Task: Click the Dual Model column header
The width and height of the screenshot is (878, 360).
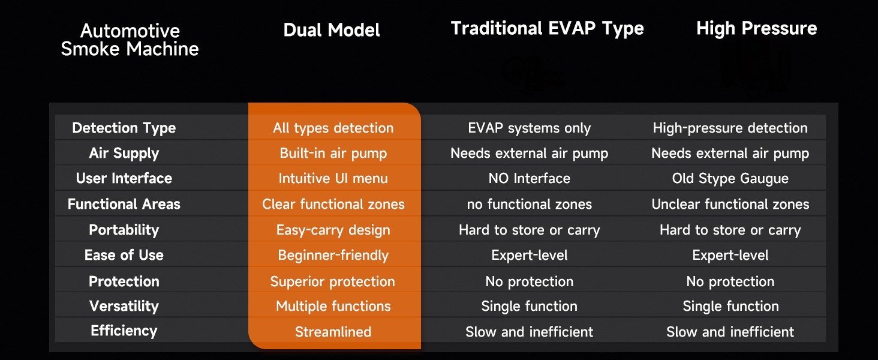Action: coord(332,30)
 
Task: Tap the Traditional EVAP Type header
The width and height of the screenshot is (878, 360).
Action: coord(547,29)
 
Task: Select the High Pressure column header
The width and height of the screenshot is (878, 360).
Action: coord(756,28)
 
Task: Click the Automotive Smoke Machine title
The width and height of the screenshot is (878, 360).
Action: coord(130,40)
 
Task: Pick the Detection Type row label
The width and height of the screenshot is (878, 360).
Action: coord(124,128)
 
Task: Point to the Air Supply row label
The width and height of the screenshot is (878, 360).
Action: coord(124,154)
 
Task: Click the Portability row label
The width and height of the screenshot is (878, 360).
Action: coord(124,230)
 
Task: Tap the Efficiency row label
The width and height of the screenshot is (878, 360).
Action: coord(124,331)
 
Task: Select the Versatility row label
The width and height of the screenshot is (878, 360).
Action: coord(124,306)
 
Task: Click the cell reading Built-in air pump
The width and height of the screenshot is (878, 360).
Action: coord(333,154)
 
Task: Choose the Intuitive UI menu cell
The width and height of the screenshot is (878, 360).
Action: coord(333,178)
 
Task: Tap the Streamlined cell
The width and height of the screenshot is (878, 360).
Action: coord(333,332)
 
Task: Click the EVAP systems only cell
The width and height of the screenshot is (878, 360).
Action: coord(529,128)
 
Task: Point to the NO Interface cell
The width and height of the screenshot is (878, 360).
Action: coord(529,178)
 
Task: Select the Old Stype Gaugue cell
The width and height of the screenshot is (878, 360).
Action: coord(730,179)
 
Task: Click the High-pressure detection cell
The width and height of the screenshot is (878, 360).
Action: coord(730,128)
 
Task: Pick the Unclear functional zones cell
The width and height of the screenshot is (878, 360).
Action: coord(730,204)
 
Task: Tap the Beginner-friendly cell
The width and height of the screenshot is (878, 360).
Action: coord(333,255)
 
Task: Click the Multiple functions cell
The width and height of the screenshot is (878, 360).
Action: coord(333,306)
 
